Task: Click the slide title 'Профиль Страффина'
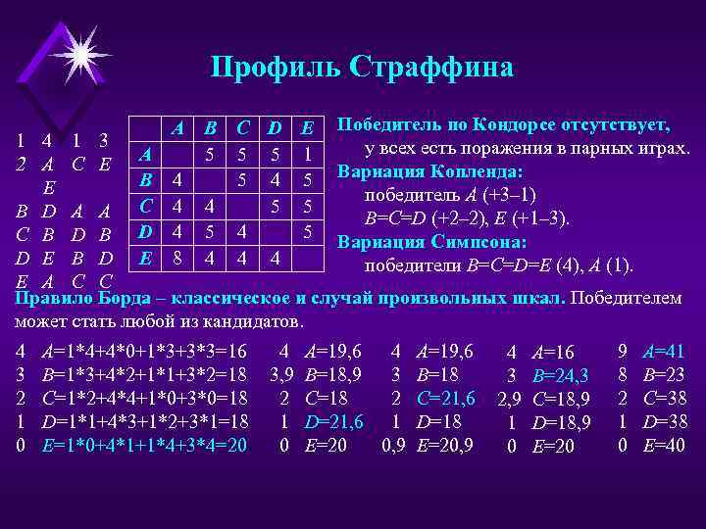pos(361,67)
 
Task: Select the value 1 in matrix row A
pos(308,155)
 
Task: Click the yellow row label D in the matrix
pos(145,232)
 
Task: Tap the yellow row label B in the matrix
pos(146,181)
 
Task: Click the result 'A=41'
pos(664,351)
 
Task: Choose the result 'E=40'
pos(664,445)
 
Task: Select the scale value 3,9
pos(282,374)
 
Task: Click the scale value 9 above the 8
pos(623,351)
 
